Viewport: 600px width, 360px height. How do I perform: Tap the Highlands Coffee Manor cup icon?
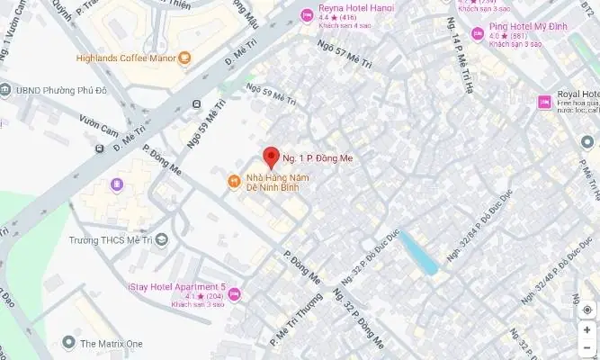(x=184, y=59)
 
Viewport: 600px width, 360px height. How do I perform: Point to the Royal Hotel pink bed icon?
(x=544, y=103)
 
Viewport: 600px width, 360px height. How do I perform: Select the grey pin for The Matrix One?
(x=68, y=344)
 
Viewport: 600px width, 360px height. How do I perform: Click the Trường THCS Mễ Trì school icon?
(x=161, y=239)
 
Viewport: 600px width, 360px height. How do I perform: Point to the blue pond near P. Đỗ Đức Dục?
(x=418, y=251)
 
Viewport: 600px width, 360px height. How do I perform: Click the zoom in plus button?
(x=587, y=330)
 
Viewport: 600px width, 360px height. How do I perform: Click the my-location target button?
(x=587, y=310)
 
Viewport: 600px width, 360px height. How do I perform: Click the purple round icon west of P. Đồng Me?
(x=117, y=185)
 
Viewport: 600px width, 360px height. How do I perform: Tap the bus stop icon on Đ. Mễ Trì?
(x=197, y=105)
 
